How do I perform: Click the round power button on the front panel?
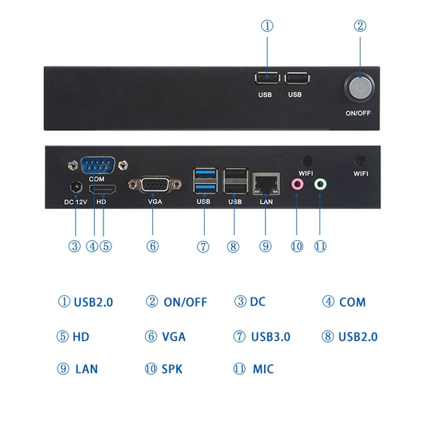click(360, 87)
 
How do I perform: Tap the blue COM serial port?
click(98, 165)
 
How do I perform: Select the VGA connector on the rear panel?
click(154, 185)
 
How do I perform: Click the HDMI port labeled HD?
click(103, 189)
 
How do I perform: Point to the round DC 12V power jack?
click(76, 187)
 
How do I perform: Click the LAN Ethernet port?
click(266, 183)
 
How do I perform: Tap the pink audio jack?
click(297, 185)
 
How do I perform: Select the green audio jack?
click(320, 185)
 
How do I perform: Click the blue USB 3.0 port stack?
click(205, 181)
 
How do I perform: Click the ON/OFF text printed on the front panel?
click(358, 113)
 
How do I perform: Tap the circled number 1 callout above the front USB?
click(267, 26)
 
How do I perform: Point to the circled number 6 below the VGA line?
click(152, 246)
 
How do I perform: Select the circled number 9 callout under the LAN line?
click(266, 246)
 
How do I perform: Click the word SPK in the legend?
click(172, 369)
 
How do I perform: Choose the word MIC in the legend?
click(263, 369)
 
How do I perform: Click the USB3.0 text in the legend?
click(271, 336)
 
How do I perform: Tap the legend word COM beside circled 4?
click(352, 302)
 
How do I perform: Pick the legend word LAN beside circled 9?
click(86, 369)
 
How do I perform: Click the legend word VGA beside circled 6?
click(174, 336)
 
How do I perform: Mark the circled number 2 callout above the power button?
click(360, 26)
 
